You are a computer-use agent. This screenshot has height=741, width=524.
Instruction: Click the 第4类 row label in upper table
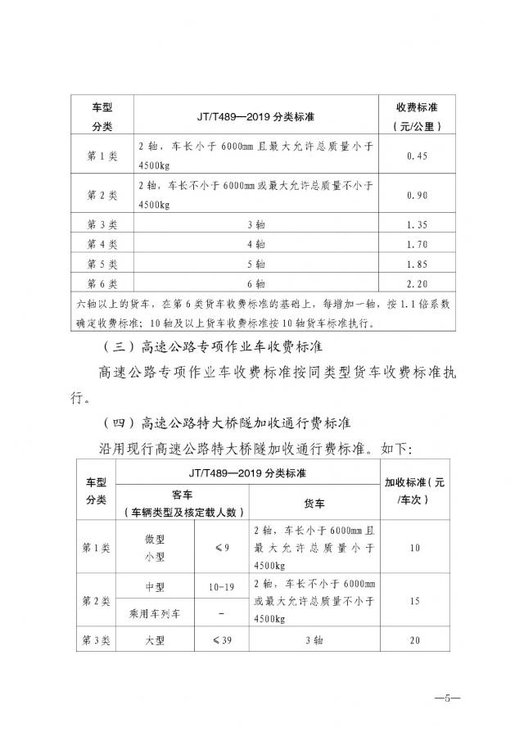click(x=102, y=245)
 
